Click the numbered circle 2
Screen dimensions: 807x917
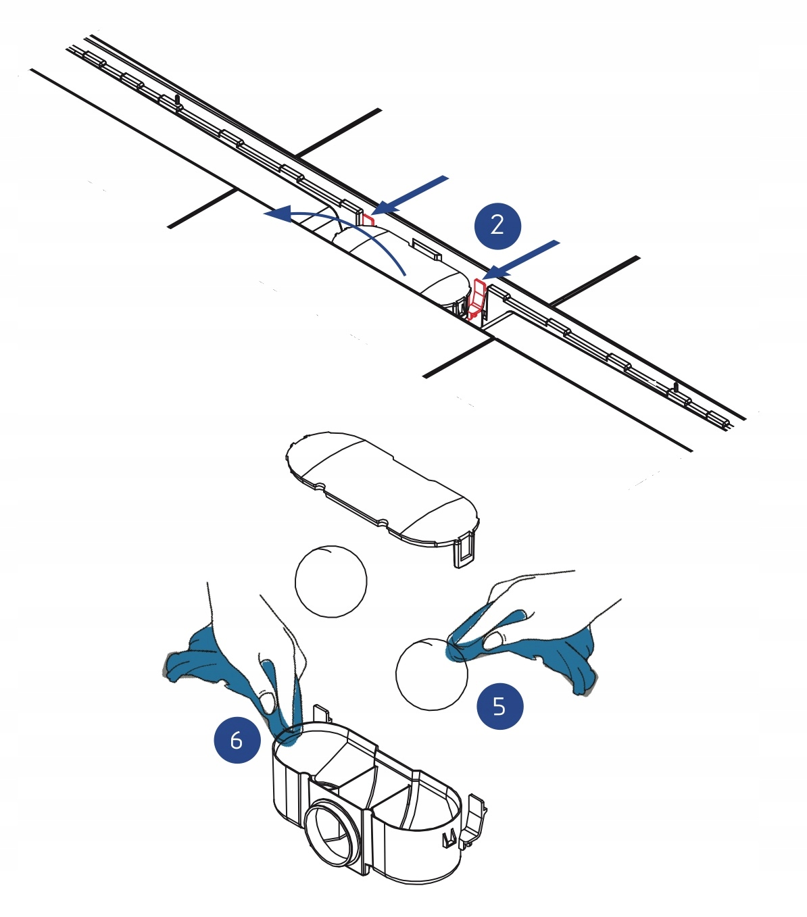pos(497,225)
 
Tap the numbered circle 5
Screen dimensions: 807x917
pos(499,706)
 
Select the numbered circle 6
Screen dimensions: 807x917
pos(237,740)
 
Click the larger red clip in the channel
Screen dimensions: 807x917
pos(476,299)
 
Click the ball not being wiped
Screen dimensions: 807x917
pos(331,580)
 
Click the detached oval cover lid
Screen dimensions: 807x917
pos(382,487)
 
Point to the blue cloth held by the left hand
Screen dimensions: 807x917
pos(203,662)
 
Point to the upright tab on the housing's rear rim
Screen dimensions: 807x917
pos(322,714)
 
